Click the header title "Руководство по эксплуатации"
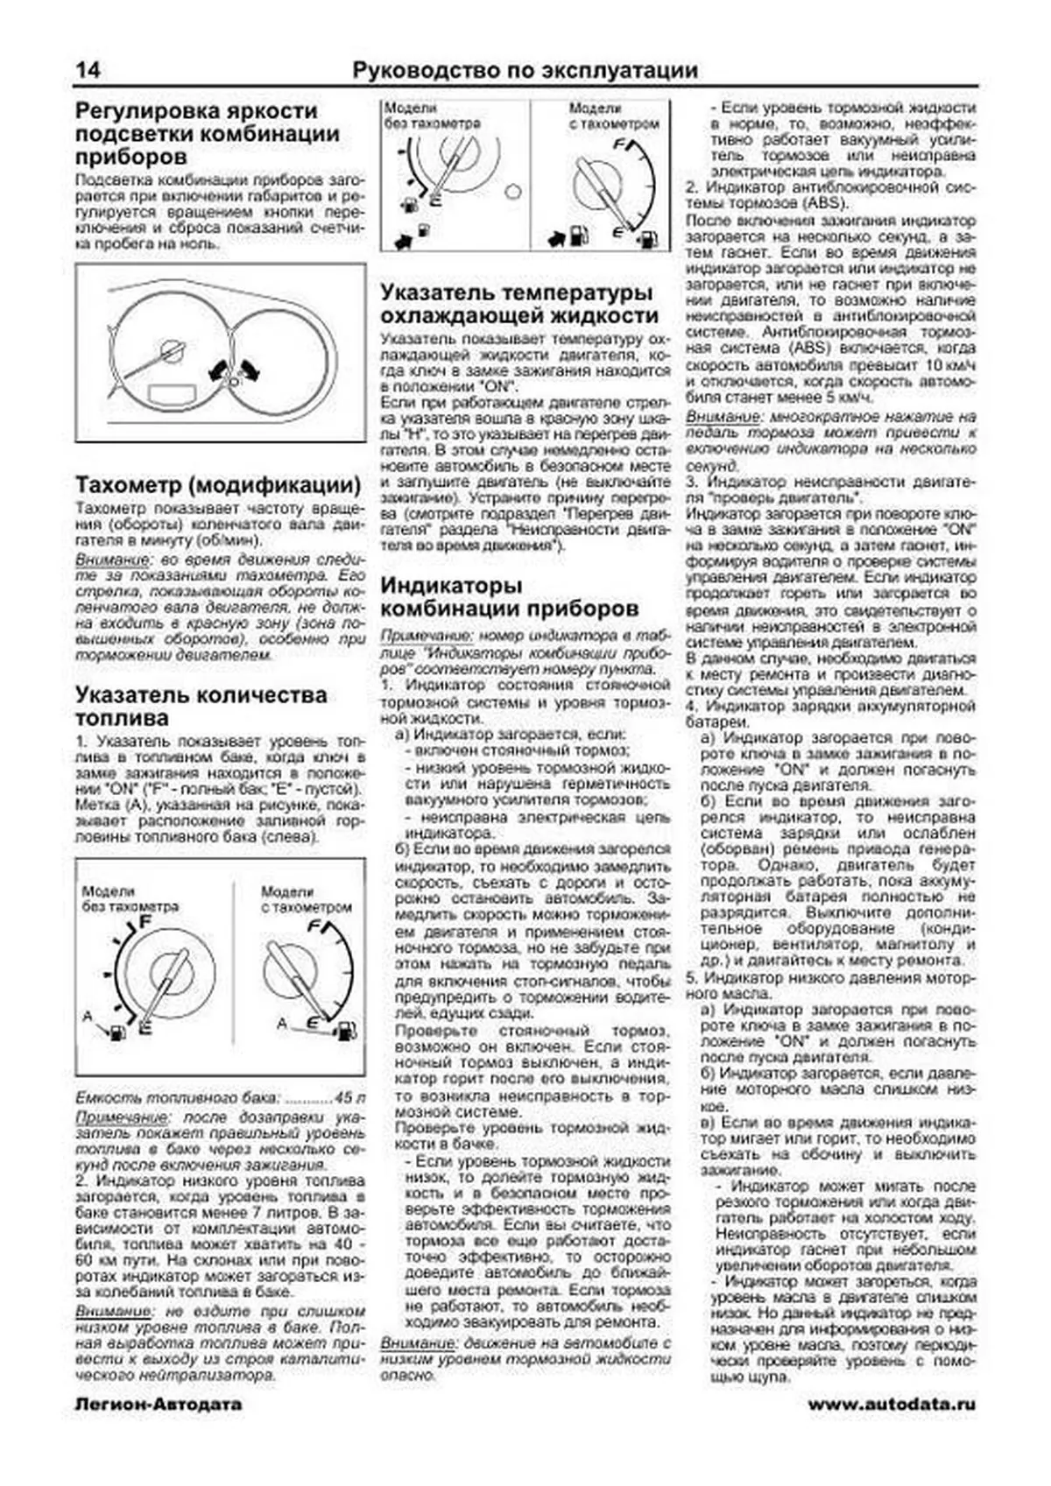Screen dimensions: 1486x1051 tap(525, 71)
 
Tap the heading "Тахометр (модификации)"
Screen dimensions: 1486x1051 tap(218, 485)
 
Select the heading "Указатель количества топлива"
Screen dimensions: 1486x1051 tap(201, 706)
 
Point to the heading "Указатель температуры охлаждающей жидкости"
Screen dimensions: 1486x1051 tap(518, 303)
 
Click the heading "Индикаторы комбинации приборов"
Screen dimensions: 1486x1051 tap(509, 596)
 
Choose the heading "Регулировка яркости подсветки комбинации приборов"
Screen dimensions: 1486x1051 tap(207, 134)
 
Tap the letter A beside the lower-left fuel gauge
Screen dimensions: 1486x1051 tap(88, 1017)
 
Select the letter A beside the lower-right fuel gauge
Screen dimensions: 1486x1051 tap(282, 1023)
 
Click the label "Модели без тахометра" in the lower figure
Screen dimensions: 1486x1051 tap(130, 899)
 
